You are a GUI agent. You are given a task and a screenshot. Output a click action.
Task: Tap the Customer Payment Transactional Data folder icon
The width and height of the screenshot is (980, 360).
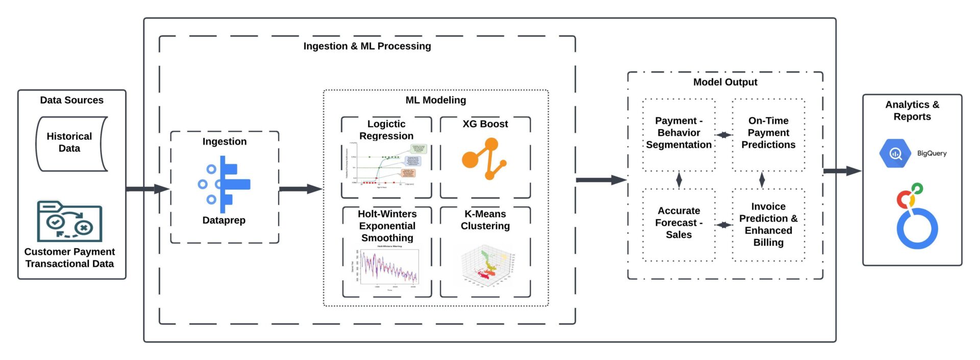(x=69, y=222)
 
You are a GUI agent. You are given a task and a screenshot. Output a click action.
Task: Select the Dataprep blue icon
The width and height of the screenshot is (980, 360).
(x=225, y=184)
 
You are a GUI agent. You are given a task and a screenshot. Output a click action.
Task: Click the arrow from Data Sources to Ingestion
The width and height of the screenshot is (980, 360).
(x=148, y=189)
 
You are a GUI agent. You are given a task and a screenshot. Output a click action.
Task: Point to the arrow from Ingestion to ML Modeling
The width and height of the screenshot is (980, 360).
(x=301, y=189)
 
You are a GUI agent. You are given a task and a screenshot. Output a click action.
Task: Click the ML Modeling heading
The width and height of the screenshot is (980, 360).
(x=435, y=100)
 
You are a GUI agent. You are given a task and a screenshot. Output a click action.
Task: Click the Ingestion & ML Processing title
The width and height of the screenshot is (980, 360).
(x=367, y=46)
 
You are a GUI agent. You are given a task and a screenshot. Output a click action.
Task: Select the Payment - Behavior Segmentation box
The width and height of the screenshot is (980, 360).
(x=678, y=133)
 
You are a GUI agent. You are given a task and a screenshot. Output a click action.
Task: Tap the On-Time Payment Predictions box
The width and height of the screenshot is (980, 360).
(x=768, y=133)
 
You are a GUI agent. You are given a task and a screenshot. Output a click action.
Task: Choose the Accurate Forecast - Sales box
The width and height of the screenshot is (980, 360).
(x=678, y=223)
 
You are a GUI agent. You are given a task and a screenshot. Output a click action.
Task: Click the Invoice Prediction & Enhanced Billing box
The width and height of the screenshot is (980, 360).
(x=768, y=225)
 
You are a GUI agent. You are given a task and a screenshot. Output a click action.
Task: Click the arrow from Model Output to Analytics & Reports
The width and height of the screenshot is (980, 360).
(x=842, y=171)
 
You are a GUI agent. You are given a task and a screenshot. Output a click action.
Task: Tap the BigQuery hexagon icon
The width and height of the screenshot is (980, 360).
(x=895, y=153)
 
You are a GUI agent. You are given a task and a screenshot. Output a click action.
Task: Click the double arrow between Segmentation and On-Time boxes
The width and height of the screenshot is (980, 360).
(x=723, y=135)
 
